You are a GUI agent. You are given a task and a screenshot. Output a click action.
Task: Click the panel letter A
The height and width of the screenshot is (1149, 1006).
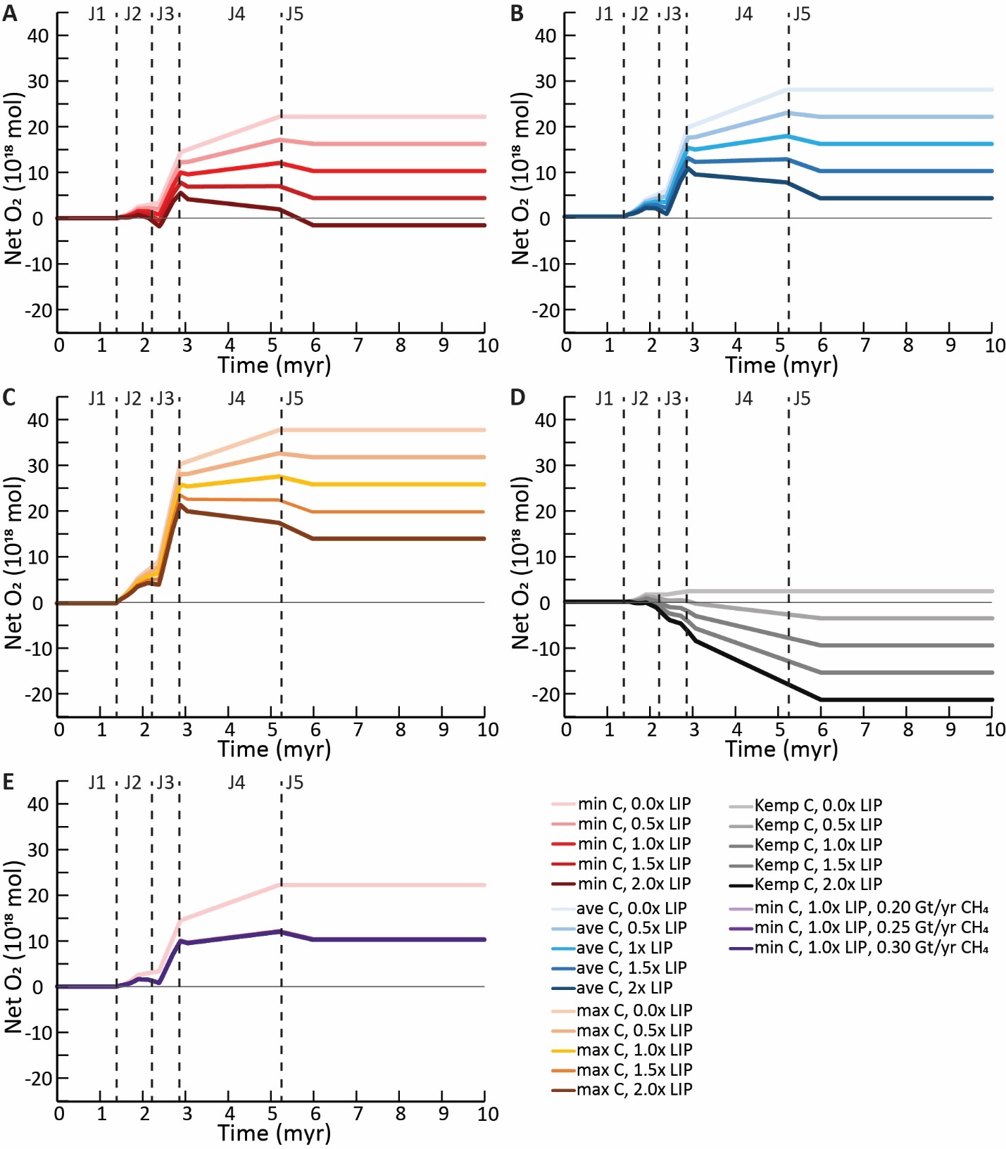click(x=9, y=13)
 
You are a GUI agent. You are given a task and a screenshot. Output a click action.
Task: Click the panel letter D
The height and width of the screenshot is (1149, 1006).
click(x=517, y=398)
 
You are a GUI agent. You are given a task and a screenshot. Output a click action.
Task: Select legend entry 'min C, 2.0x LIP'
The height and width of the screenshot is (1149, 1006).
click(x=634, y=883)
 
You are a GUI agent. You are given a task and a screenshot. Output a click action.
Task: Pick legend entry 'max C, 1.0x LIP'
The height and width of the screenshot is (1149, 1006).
click(x=634, y=1050)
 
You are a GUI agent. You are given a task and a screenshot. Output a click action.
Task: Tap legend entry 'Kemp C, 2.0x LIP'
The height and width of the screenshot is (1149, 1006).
click(x=817, y=884)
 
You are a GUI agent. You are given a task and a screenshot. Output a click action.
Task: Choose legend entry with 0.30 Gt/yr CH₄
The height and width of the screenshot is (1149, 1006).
click(x=871, y=947)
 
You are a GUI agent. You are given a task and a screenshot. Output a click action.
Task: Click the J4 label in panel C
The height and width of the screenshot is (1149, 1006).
click(x=236, y=399)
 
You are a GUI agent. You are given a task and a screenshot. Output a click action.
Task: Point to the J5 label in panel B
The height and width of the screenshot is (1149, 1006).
click(x=802, y=15)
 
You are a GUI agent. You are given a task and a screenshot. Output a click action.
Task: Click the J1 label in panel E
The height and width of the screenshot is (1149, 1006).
click(x=96, y=782)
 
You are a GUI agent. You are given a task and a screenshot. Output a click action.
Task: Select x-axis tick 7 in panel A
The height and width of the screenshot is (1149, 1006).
click(x=358, y=345)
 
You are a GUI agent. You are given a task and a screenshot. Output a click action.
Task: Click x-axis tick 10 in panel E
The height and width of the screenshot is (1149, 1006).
click(x=487, y=1114)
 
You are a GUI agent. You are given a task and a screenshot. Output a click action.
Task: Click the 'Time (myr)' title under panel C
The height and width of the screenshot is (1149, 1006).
click(x=274, y=749)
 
